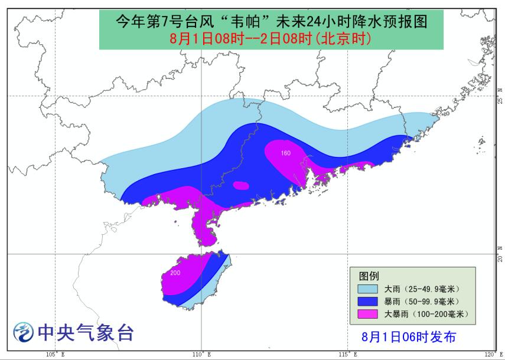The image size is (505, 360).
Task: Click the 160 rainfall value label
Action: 286,153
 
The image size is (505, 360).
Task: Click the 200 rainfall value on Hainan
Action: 175,273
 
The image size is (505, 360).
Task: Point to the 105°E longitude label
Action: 55,355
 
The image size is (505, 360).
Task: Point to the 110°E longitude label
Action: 201,355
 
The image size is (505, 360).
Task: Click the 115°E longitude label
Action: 348,355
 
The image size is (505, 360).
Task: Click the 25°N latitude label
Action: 500,96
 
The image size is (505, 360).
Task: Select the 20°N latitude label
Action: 500,255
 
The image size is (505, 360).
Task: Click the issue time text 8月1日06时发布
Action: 409,336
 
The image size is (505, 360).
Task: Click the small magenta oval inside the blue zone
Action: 241,185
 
